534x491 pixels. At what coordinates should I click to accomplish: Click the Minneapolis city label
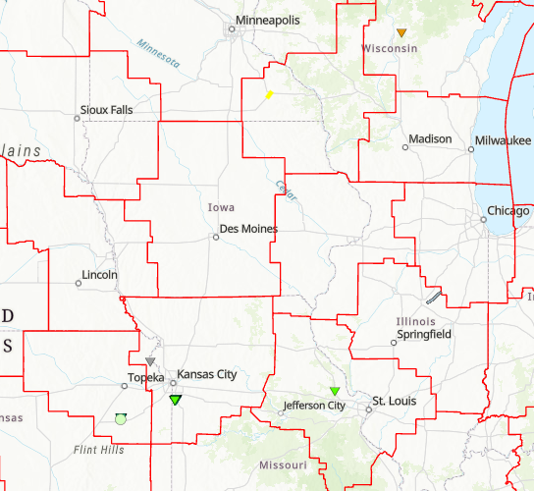click(267, 20)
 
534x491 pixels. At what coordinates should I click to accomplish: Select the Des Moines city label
click(248, 229)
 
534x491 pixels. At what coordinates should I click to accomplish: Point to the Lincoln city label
click(100, 275)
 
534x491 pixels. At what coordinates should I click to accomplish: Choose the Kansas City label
click(207, 375)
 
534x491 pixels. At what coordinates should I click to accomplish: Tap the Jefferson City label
click(314, 406)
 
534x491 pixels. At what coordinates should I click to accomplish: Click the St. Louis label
click(391, 401)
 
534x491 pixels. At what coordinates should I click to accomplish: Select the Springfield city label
click(424, 335)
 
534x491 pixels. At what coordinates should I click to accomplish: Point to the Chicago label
click(507, 211)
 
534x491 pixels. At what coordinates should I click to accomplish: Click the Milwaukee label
click(502, 140)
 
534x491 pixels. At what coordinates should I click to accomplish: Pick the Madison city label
click(430, 139)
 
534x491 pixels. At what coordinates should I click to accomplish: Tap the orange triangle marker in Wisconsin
click(401, 33)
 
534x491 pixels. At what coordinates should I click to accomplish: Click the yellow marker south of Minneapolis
click(269, 95)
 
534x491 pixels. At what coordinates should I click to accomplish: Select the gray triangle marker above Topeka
click(150, 361)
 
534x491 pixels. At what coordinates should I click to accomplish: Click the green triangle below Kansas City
click(176, 400)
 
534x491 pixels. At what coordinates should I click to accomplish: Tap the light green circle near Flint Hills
click(120, 419)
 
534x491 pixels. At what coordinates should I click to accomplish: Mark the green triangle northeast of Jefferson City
click(335, 391)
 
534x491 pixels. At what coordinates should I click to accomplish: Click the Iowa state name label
click(221, 208)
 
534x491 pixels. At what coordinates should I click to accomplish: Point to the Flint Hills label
click(99, 450)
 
